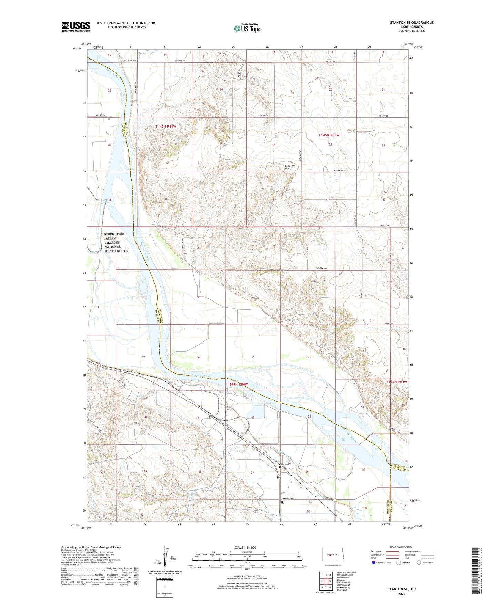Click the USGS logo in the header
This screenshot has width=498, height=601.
(76, 27)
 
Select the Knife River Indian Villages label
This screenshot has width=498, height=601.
(115, 242)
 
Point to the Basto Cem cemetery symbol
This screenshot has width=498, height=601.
(285, 169)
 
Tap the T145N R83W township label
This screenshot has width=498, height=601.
(329, 135)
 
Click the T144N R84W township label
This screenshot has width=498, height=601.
(237, 384)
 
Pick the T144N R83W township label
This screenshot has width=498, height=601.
(397, 382)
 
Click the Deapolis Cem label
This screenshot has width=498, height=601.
(288, 499)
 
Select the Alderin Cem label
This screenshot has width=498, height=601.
(285, 464)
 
